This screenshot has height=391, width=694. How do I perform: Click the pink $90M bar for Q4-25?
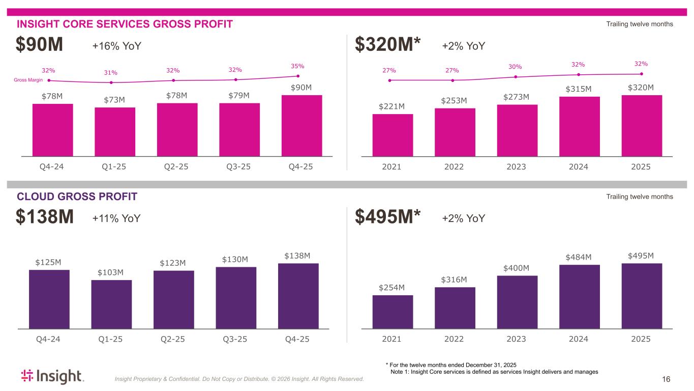[301, 125]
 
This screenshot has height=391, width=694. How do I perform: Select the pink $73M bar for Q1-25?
[115, 131]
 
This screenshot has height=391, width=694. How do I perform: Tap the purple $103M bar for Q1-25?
[111, 304]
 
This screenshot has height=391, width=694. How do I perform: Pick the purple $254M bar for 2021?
[393, 312]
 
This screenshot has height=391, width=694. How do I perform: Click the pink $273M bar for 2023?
[517, 130]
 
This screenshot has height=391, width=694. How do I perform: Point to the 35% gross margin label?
[297, 66]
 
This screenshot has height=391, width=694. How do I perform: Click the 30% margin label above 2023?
[515, 67]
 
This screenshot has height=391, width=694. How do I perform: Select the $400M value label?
[516, 268]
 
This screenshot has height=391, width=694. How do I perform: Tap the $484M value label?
[579, 257]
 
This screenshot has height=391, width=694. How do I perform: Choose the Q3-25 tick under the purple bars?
[235, 339]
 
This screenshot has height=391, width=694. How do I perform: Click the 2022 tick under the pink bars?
[454, 166]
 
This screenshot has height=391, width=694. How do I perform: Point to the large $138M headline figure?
[45, 218]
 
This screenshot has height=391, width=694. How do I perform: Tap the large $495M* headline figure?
[387, 218]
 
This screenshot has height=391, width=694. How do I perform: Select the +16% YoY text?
[116, 46]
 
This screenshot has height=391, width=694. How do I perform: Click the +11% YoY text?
[116, 218]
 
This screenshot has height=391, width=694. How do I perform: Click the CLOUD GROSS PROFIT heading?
[77, 197]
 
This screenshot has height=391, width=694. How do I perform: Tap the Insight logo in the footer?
[52, 376]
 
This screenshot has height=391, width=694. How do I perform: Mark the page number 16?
[666, 379]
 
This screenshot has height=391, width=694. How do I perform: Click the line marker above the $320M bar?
[642, 74]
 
